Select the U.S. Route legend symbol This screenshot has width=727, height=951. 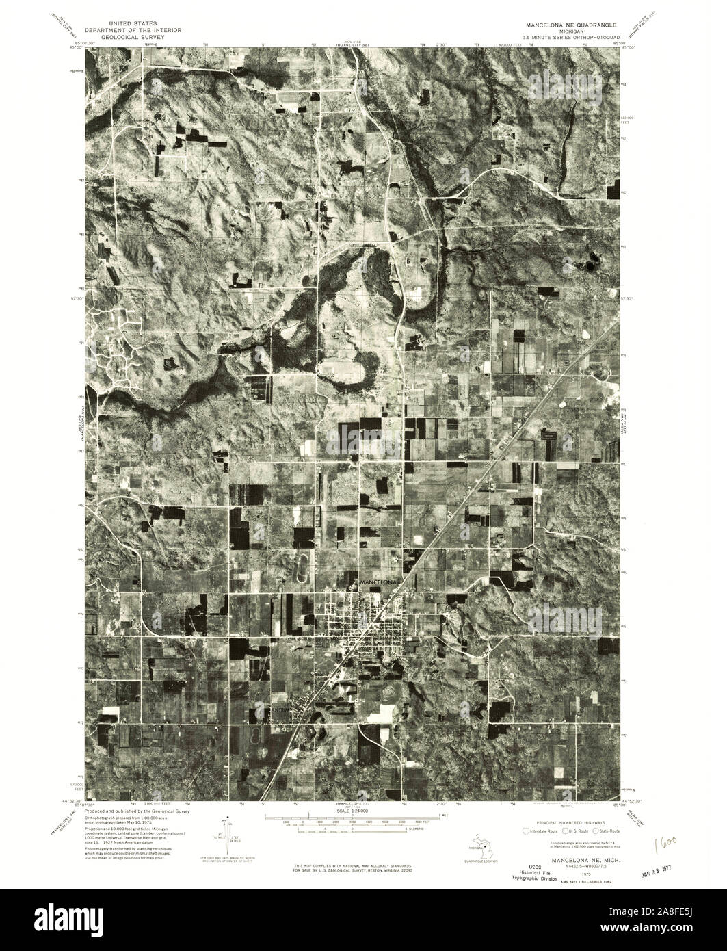pyautogui.click(x=557, y=831)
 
